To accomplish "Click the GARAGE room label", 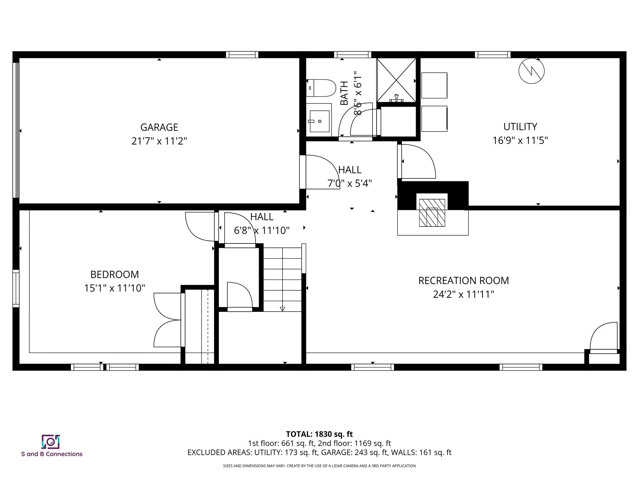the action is pyautogui.click(x=159, y=127).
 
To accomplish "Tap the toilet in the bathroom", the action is pyautogui.click(x=321, y=88).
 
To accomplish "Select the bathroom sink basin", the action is pyautogui.click(x=319, y=121).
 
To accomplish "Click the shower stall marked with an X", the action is pyautogui.click(x=396, y=80).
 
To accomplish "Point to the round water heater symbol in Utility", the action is pyautogui.click(x=531, y=71).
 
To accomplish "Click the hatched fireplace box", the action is pyautogui.click(x=432, y=213).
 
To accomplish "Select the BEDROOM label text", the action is pyautogui.click(x=115, y=274).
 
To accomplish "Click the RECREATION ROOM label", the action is pyautogui.click(x=463, y=281).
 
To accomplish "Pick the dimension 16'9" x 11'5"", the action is pyautogui.click(x=520, y=141).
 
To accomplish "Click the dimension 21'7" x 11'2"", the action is pyautogui.click(x=159, y=141).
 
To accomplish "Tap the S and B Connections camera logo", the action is pyautogui.click(x=51, y=442).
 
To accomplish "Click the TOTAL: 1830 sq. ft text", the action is pyautogui.click(x=319, y=434).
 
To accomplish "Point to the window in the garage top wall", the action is pyautogui.click(x=242, y=55).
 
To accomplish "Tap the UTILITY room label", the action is pyautogui.click(x=520, y=127).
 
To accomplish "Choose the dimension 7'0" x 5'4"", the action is pyautogui.click(x=349, y=183).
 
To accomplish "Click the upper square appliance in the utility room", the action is pyautogui.click(x=434, y=85).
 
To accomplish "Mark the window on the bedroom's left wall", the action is pyautogui.click(x=16, y=288).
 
